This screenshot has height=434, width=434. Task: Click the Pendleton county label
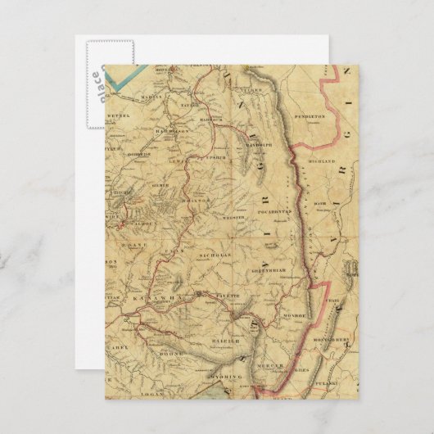coord(310,117)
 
